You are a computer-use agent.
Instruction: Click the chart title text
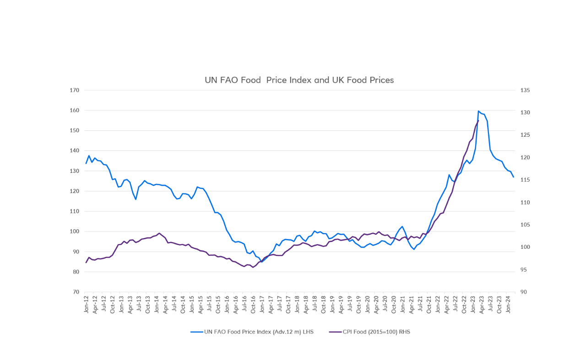click(299, 80)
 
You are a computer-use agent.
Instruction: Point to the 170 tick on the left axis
click(75, 90)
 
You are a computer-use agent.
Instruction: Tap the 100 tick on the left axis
click(75, 231)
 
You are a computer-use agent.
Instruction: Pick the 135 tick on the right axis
click(525, 90)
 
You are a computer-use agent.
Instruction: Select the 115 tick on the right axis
click(525, 180)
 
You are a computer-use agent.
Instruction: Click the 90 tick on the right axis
click(524, 292)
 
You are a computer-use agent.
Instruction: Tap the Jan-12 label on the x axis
click(86, 304)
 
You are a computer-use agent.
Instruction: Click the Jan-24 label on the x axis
click(508, 304)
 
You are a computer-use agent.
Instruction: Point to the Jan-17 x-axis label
click(262, 304)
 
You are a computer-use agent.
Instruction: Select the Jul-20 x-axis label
click(385, 304)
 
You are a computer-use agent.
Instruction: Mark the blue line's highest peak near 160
click(478, 111)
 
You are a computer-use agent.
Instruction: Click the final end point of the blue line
click(514, 177)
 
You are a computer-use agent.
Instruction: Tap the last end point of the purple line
click(478, 121)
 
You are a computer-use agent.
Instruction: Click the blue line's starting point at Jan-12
click(86, 163)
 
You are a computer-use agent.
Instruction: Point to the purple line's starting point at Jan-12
click(86, 263)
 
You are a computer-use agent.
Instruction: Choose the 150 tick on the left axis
click(75, 130)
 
